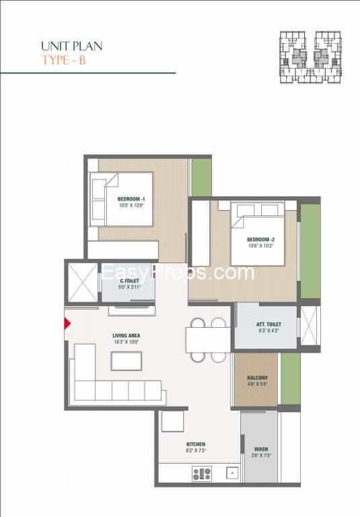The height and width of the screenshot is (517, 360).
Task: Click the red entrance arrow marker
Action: pos(67,323)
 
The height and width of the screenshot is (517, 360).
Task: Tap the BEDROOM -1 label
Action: pos(131,199)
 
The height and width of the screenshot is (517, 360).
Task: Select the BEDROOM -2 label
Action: pos(261,240)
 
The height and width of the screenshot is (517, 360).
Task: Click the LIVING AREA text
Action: pos(127,336)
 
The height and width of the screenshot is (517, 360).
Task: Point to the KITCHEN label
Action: pos(196,444)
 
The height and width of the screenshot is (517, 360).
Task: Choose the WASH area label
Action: pos(261,449)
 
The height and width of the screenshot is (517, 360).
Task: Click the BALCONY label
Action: pos(258,378)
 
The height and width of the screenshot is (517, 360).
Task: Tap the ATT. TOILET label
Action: pos(268,324)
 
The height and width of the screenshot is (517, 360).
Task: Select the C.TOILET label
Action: pos(129,281)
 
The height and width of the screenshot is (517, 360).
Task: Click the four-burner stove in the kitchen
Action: pos(202,474)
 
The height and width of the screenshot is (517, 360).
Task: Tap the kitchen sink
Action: pos(232,473)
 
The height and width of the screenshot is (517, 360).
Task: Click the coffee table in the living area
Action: pos(127,361)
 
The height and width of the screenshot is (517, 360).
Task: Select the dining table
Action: pos(208,340)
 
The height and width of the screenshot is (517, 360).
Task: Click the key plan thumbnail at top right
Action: pos(310,57)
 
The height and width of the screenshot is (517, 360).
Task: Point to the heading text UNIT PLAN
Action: pos(72,46)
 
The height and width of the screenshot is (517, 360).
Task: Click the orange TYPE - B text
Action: pos(64,61)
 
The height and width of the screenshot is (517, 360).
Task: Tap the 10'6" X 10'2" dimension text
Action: pos(261,246)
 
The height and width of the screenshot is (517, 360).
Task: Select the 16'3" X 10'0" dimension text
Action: pos(127,342)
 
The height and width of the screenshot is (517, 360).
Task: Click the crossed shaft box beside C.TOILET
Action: pos(83,282)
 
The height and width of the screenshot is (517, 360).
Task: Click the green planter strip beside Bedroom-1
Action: pos(201,178)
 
